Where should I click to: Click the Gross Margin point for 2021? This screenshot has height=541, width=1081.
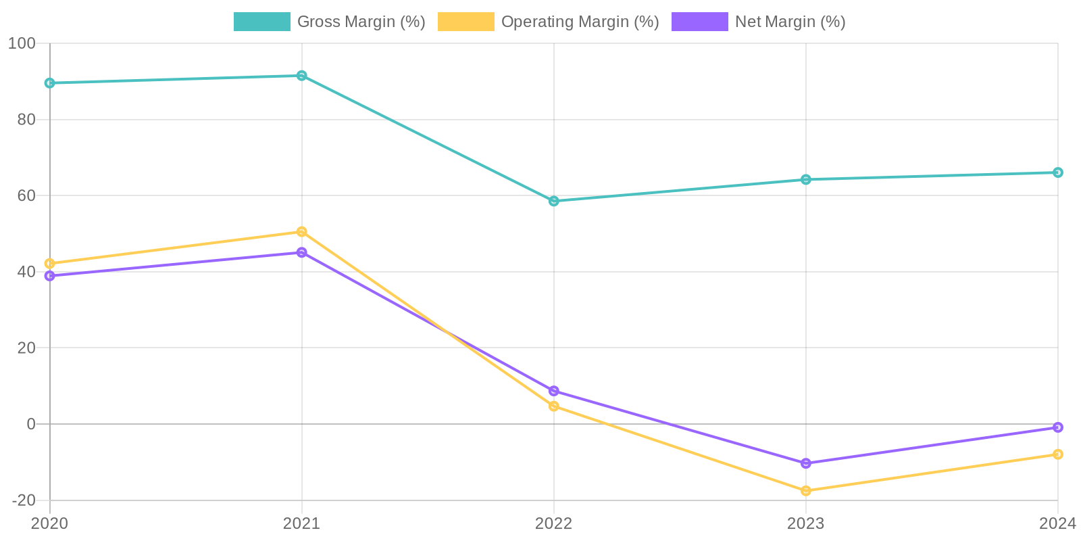click(301, 76)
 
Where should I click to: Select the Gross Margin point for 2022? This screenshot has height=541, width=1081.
click(554, 201)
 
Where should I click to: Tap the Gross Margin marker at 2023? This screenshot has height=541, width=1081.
click(806, 179)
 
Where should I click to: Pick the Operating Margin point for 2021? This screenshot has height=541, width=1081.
click(301, 232)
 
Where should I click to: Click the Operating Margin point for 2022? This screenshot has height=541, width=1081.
click(554, 406)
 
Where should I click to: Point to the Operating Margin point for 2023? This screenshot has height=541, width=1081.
click(806, 491)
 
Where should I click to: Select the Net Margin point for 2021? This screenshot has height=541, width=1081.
click(301, 252)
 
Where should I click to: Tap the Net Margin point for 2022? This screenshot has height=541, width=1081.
click(554, 391)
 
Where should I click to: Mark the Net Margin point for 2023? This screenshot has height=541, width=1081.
click(806, 463)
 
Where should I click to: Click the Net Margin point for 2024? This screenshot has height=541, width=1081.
click(1058, 427)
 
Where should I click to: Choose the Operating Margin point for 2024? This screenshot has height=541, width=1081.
click(1058, 454)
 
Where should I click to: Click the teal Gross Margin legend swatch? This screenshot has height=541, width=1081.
click(261, 22)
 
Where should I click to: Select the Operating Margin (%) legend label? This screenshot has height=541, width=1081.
click(580, 22)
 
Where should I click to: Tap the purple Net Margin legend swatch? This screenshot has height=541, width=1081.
click(699, 22)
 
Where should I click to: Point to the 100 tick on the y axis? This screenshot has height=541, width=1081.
click(22, 43)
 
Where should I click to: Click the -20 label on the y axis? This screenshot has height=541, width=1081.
click(24, 500)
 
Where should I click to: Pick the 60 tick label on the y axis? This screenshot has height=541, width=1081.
click(26, 195)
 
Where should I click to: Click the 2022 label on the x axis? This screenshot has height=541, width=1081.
click(554, 523)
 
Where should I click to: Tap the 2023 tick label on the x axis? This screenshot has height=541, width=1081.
click(806, 523)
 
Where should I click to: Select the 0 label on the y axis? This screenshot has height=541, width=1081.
click(31, 424)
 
